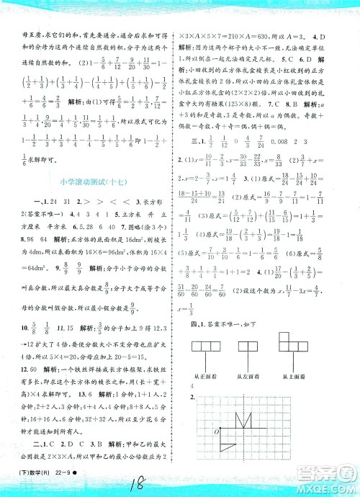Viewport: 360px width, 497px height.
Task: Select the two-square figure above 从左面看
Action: coord(258,349)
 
